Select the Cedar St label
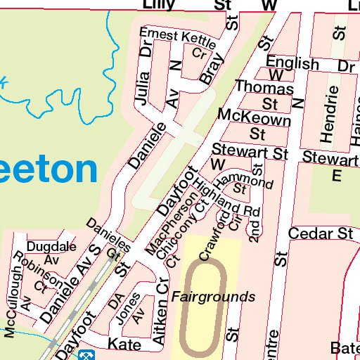coord(319,233)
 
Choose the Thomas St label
coord(264,96)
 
